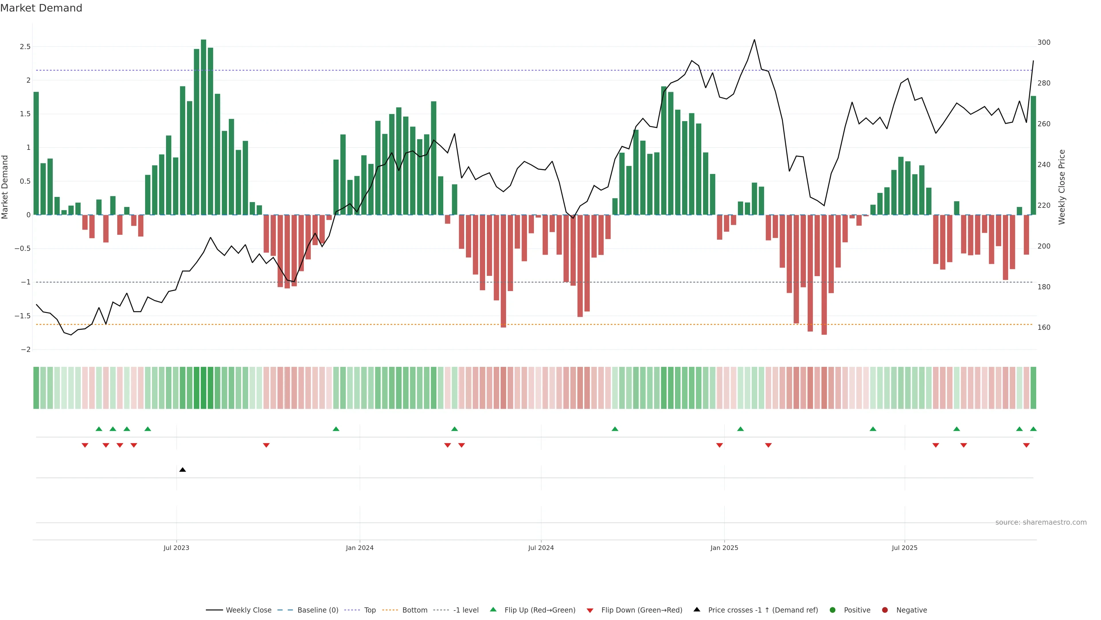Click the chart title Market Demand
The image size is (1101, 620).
(41, 8)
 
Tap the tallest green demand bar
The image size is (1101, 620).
(204, 127)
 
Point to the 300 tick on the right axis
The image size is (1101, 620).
(1044, 42)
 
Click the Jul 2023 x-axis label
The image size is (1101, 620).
(176, 548)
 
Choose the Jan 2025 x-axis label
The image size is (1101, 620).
(724, 548)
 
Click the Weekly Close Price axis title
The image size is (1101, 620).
(1062, 187)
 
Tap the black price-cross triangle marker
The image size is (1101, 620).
(183, 470)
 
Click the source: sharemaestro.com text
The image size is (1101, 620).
(1041, 522)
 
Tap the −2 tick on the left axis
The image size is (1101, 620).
(26, 350)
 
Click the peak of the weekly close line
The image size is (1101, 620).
(754, 40)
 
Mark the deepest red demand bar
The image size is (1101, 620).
(824, 275)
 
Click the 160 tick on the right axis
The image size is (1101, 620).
(1044, 327)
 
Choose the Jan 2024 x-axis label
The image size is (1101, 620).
(360, 548)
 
